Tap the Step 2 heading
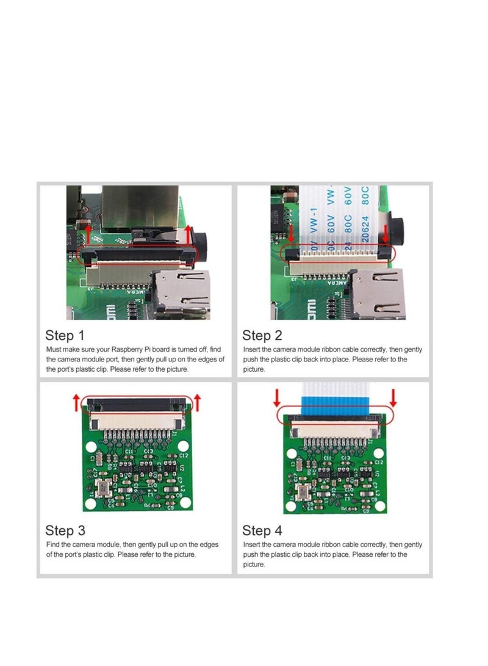click(262, 335)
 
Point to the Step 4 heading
click(262, 530)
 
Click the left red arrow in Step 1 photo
click(88, 235)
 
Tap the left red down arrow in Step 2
click(291, 233)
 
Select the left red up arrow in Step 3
click(76, 402)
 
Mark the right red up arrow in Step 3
click(197, 402)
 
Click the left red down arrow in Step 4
click(276, 398)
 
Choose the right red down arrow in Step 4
click(393, 398)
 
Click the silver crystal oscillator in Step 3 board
click(102, 488)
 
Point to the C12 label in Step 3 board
click(184, 455)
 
